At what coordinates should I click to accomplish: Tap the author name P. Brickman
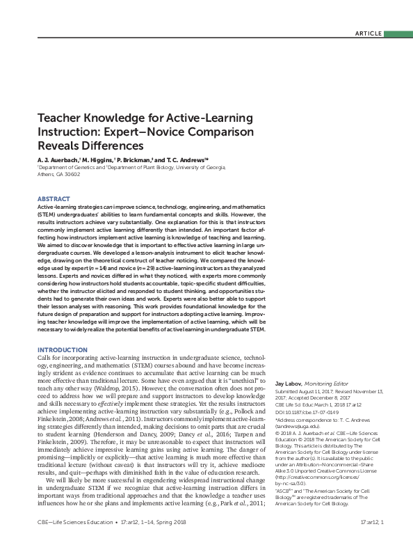point(136,159)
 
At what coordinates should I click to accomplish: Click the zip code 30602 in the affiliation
point(72,175)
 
